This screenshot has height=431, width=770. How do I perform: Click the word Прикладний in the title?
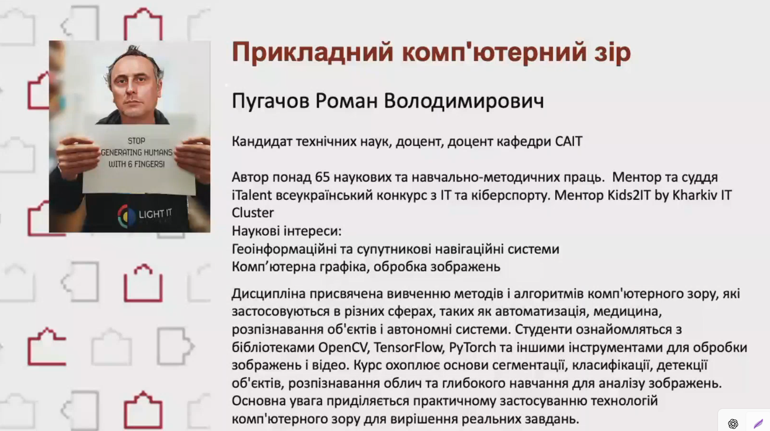coord(312,53)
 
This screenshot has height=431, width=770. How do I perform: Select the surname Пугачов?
coord(270,102)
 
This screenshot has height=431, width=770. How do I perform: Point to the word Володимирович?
coord(464,101)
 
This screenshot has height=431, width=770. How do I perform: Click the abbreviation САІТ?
coord(568,142)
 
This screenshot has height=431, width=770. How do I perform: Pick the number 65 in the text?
coord(322,177)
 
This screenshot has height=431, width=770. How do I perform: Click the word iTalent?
coord(252,195)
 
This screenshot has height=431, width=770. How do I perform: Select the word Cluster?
coord(253,213)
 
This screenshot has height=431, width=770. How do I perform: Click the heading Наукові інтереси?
coord(286,231)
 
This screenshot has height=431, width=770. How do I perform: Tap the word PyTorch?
coord(472,348)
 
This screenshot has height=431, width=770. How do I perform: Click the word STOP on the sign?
coord(136,141)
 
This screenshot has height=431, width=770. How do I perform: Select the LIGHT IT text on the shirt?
coord(155,214)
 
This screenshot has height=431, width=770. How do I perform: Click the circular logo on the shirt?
coord(126,216)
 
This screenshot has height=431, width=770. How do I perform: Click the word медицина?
coord(628,312)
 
